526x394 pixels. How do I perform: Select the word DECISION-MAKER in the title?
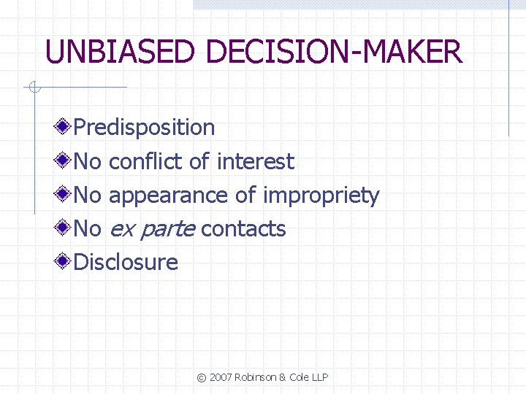(335, 53)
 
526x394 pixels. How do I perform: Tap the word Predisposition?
(145, 128)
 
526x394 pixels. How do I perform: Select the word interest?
(256, 161)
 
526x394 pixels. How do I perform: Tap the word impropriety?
(321, 196)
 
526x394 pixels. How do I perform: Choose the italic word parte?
(167, 230)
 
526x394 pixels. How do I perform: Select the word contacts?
(243, 229)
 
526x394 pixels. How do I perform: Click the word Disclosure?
(126, 262)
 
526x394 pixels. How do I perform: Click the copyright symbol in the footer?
(201, 377)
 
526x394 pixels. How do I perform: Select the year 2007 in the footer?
(221, 377)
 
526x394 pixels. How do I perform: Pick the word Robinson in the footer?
(256, 377)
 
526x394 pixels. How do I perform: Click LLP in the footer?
(319, 377)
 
